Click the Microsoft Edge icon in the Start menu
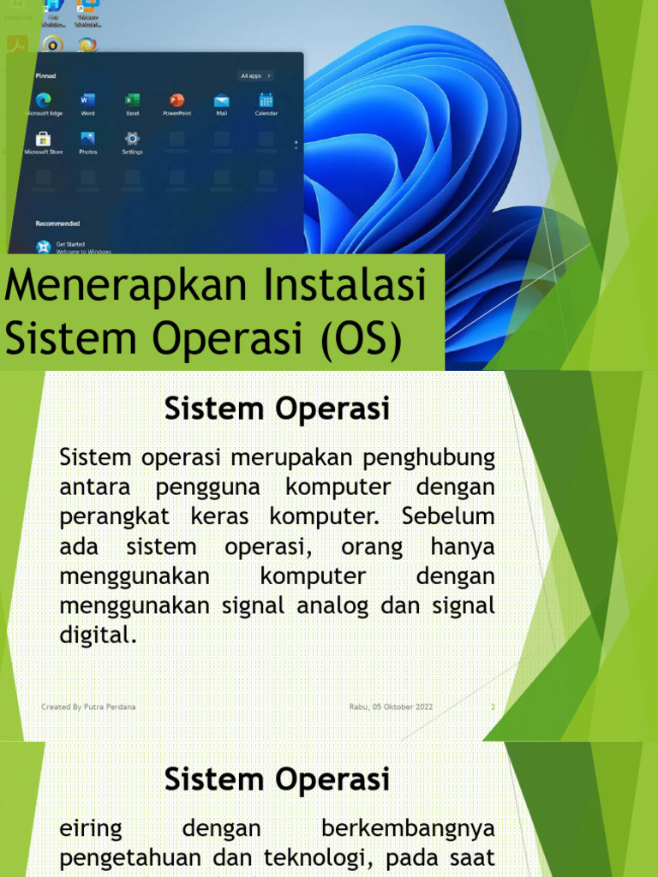tap(43, 99)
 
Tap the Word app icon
tap(87, 99)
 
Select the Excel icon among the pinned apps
tap(132, 99)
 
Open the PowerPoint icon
tap(176, 99)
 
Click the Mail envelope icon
tap(221, 99)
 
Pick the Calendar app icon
tap(266, 99)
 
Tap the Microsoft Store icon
tap(43, 138)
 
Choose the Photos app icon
tap(87, 138)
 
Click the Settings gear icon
tap(132, 138)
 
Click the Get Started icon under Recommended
tap(43, 247)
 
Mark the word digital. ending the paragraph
tap(98, 635)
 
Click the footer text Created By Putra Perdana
tap(88, 707)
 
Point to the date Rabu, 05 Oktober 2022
tap(391, 707)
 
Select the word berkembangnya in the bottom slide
tap(408, 829)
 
